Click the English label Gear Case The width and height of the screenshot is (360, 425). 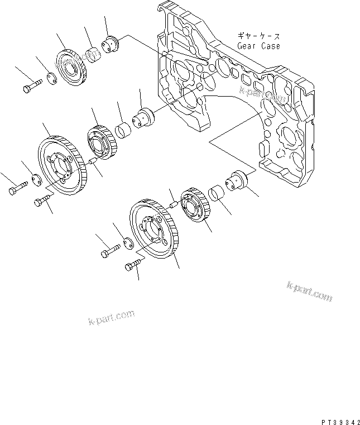(258, 46)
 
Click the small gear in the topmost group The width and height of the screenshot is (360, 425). (71, 68)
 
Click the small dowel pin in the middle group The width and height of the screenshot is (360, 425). (94, 161)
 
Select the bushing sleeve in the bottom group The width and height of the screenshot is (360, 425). (217, 194)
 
